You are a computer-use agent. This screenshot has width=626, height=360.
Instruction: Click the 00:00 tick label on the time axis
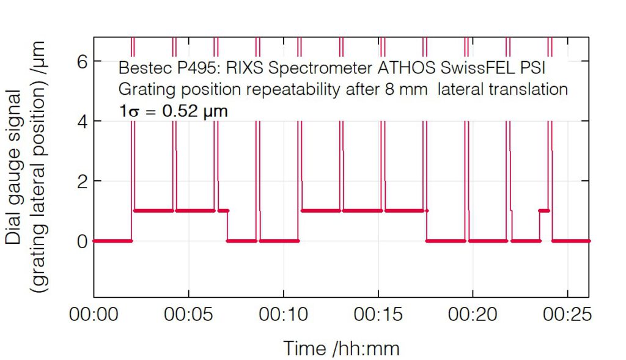coord(94,316)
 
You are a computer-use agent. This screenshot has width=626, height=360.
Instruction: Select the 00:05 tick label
coord(188,316)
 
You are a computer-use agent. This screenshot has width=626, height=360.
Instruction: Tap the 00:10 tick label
coord(284,316)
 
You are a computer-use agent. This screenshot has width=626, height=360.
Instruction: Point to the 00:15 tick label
coord(378,316)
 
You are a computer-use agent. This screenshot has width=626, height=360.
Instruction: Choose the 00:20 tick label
coord(473,316)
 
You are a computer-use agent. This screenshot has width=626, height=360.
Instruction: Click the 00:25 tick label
coord(568,316)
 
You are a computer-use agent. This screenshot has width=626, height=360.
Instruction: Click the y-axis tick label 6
coord(81,62)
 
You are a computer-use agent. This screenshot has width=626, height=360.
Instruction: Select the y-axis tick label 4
coord(81,122)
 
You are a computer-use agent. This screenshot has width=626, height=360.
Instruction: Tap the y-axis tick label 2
coord(81,182)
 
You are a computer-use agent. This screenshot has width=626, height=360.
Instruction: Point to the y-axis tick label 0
coord(81,241)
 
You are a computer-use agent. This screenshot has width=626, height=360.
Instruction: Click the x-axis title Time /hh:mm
coord(341,348)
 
